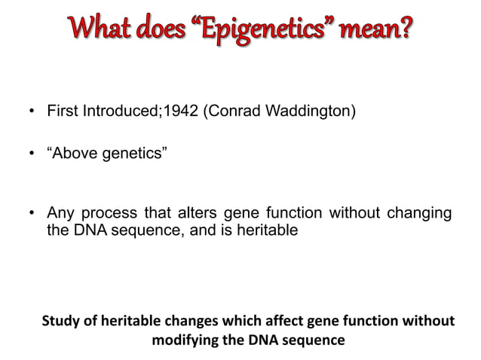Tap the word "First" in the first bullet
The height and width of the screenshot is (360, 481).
[x=63, y=114]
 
